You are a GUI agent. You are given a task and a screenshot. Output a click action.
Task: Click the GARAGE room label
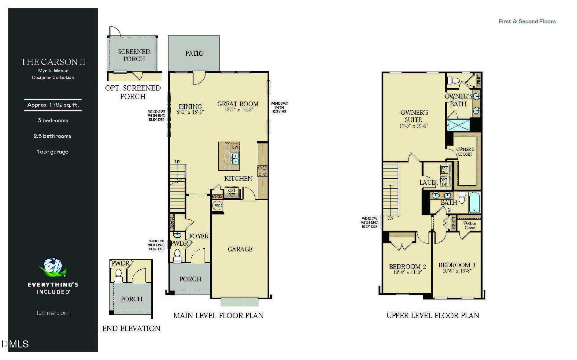[240, 249]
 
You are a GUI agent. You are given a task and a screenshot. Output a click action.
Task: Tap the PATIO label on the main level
[194, 54]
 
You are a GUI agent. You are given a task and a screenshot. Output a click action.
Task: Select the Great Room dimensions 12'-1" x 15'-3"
[239, 110]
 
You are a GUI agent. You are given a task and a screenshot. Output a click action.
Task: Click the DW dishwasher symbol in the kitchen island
[235, 147]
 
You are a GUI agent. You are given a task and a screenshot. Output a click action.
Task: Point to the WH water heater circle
[217, 205]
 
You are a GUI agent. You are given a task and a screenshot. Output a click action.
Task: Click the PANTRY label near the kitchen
[217, 196]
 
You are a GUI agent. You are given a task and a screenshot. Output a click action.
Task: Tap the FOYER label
[199, 236]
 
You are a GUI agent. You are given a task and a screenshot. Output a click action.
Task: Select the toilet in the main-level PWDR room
[177, 256]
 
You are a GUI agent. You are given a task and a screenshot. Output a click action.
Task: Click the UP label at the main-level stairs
[177, 162]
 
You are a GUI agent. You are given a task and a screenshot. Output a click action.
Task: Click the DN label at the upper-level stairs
[390, 218]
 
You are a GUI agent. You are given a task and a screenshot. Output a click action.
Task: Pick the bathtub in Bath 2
[474, 202]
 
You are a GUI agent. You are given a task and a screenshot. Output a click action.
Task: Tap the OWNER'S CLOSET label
[465, 152]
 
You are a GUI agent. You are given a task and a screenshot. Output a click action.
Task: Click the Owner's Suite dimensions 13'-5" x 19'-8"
[414, 126]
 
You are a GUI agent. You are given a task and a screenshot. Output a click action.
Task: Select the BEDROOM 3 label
[457, 265]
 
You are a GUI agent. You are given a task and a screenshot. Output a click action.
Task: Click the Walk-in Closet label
[470, 225]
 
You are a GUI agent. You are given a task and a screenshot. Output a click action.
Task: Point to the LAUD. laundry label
[428, 183]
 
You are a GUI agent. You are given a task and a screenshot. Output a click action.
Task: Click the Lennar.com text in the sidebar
[53, 313]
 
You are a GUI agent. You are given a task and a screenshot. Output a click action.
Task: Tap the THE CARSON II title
[53, 62]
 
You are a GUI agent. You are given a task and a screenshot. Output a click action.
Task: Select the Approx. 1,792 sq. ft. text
[53, 105]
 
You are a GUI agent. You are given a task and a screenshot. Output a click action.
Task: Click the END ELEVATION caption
[131, 328]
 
